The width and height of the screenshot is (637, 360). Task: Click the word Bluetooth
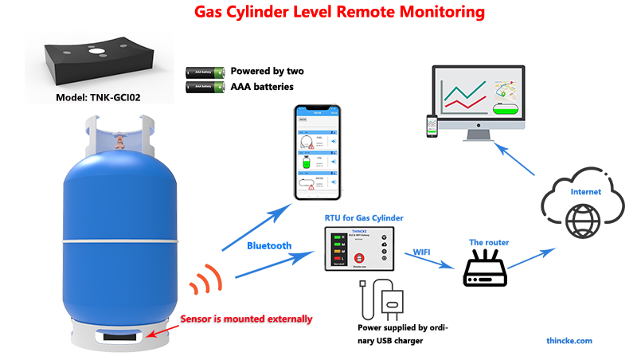coord(269,246)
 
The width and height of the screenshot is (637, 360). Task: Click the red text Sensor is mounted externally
coord(246,319)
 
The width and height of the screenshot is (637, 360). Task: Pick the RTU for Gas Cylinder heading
coord(364,217)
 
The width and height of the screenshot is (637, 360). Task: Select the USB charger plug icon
coord(393,303)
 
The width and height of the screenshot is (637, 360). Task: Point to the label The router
coord(488,242)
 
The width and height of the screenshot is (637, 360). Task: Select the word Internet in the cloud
coord(585,192)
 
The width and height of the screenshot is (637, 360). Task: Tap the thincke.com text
coord(569,340)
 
